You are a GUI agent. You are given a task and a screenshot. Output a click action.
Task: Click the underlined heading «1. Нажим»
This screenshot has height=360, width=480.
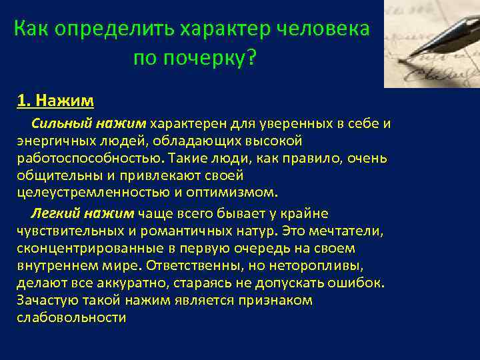[55, 101]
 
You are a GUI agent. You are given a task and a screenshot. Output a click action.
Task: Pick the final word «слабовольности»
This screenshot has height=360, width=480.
[71, 317]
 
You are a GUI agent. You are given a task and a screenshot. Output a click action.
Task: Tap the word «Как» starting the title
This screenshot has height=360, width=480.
[29, 29]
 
